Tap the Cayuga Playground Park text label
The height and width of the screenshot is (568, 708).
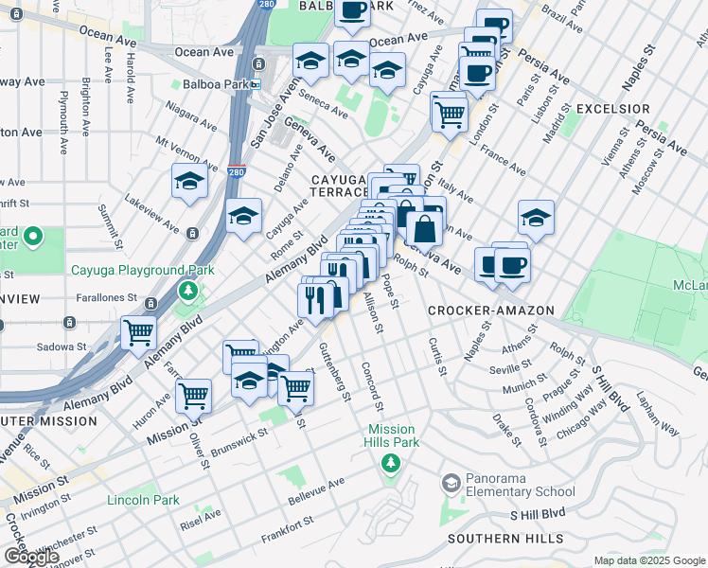(143, 271)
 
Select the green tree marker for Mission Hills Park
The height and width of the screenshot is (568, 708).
(388, 463)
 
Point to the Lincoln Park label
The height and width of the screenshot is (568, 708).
(143, 499)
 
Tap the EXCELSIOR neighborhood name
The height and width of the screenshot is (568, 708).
(612, 110)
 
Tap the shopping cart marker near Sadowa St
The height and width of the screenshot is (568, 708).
(138, 332)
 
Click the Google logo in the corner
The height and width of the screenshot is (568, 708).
(31, 557)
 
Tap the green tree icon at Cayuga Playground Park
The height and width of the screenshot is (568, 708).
(188, 290)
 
